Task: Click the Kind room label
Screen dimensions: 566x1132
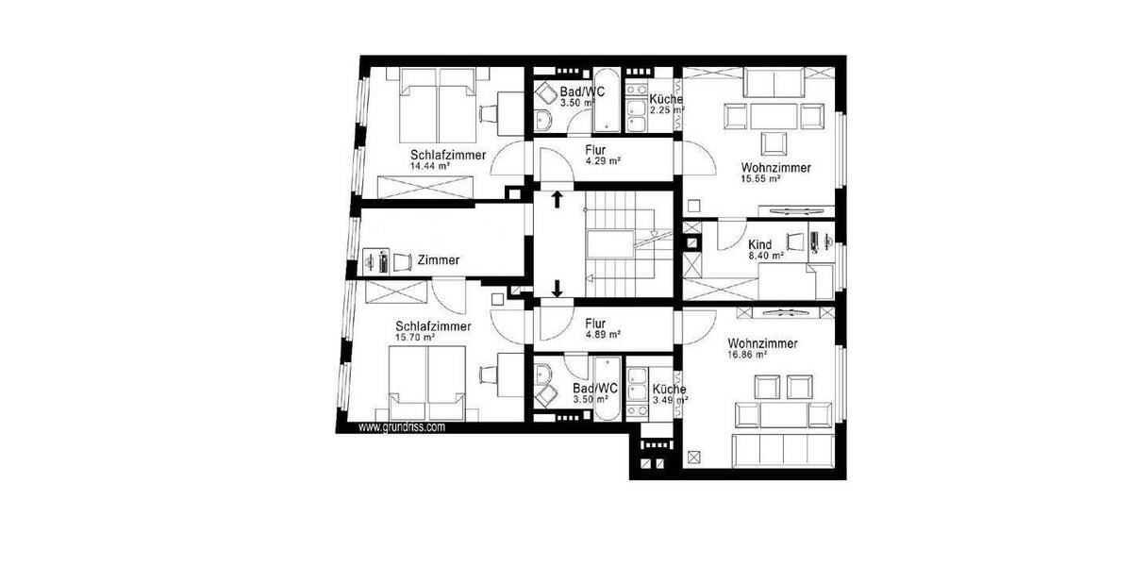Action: (759, 244)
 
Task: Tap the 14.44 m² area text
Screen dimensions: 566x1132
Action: (429, 166)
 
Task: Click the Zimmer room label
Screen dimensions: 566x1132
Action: (438, 259)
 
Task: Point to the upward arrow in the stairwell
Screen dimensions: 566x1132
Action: (558, 199)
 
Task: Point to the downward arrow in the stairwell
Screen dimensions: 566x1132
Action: (558, 289)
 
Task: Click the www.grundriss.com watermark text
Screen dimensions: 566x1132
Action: (401, 426)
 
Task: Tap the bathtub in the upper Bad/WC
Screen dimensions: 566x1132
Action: (606, 101)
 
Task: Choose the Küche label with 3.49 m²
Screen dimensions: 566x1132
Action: (669, 389)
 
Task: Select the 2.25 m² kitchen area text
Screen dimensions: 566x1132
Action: (668, 109)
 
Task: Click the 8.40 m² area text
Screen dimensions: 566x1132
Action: (765, 256)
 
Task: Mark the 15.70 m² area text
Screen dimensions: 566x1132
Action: (415, 337)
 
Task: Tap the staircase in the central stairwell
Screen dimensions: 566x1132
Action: (612, 244)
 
